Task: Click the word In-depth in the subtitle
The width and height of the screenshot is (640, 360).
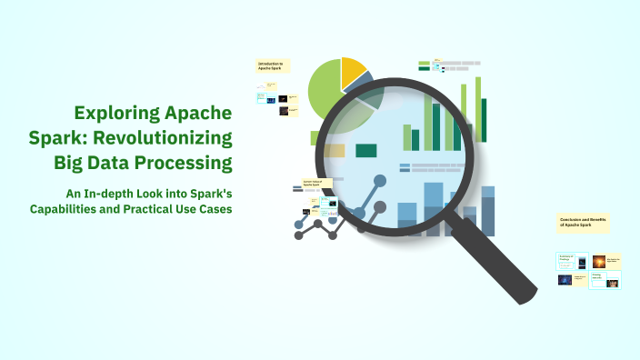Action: pyautogui.click(x=120, y=194)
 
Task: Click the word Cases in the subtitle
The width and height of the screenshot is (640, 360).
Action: pyautogui.click(x=215, y=209)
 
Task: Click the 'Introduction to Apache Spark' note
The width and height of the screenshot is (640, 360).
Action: pyautogui.click(x=272, y=65)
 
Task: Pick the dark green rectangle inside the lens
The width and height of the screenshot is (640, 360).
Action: pyautogui.click(x=366, y=150)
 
